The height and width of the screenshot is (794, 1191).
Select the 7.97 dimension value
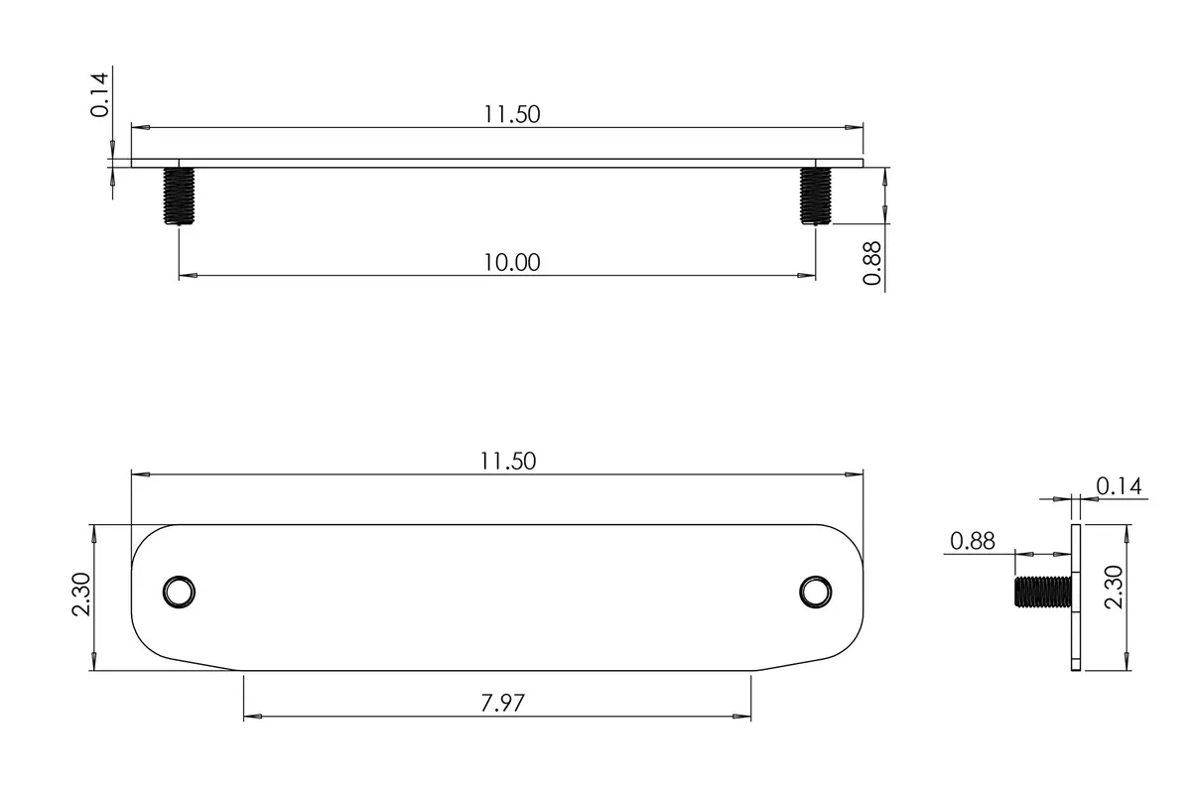tap(502, 704)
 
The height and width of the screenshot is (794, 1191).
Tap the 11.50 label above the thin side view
tap(511, 114)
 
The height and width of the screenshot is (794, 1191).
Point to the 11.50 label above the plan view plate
tap(507, 462)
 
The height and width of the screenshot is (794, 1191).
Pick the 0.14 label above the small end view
tap(1119, 486)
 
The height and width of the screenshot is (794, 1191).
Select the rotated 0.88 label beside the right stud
tap(872, 262)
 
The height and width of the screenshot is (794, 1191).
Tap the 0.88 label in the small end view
tap(973, 541)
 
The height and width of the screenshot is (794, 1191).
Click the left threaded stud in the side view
tap(179, 196)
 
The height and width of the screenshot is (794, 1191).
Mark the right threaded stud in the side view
tap(815, 196)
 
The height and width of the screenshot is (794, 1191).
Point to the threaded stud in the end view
tap(1041, 592)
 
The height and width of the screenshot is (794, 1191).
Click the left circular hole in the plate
tap(180, 592)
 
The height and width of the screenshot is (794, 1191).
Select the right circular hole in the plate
tap(815, 591)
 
